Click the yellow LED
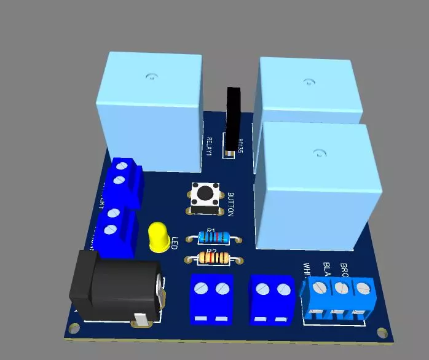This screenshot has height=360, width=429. pos(159,237)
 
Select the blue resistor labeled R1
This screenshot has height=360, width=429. pos(212,237)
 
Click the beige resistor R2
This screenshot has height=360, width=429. pos(212,258)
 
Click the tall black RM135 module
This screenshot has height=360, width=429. pos(234,120)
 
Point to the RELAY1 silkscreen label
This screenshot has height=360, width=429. pos(210,146)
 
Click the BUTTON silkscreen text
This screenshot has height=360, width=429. pos(230,205)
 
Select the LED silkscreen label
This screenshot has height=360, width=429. pos(175,243)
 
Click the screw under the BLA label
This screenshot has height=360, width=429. pos(341,288)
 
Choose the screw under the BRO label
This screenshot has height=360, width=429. pos(364,288)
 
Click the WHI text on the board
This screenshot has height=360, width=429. pos(307,270)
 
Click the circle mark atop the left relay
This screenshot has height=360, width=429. pos(150,77)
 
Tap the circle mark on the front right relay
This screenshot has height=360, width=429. pos(318,153)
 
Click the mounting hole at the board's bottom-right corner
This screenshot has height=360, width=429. pos(384,332)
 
